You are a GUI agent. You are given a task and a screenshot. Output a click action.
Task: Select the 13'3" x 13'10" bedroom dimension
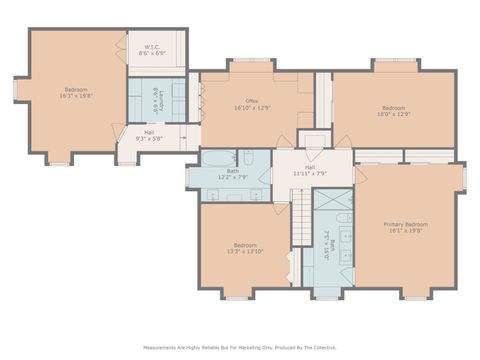[245, 251]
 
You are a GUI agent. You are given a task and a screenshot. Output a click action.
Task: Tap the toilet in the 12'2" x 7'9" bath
[247, 157]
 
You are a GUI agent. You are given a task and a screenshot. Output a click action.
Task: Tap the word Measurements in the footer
[164, 348]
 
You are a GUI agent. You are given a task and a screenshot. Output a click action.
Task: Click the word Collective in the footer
[322, 348]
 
